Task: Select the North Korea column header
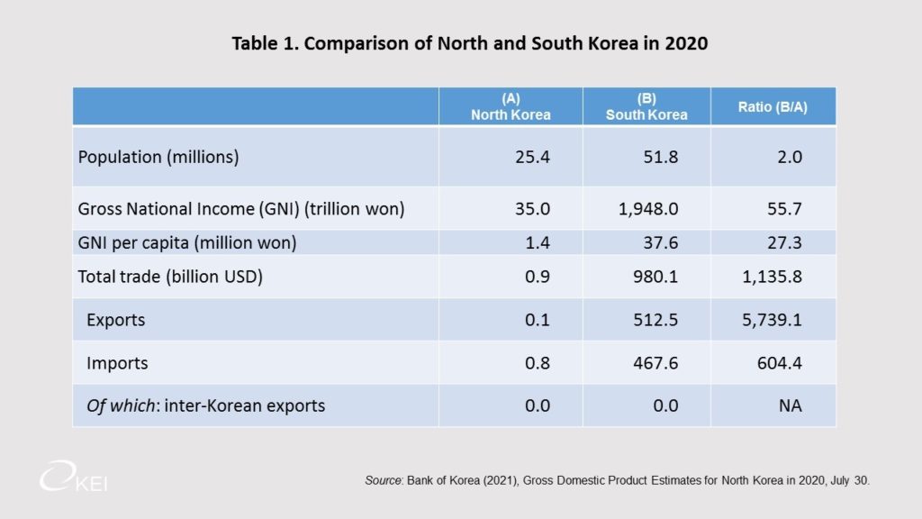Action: (510, 106)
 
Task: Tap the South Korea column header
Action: (646, 106)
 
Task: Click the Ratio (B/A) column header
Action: (773, 106)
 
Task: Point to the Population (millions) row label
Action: (158, 157)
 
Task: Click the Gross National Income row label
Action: (241, 210)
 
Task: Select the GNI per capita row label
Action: (187, 242)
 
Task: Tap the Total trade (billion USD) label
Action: (170, 277)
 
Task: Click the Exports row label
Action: (115, 320)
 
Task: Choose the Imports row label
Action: (117, 363)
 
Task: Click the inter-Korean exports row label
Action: (205, 405)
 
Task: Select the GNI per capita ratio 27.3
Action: (784, 242)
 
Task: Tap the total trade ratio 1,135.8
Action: (772, 277)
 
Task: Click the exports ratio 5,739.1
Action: (772, 320)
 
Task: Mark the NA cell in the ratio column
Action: (791, 405)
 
